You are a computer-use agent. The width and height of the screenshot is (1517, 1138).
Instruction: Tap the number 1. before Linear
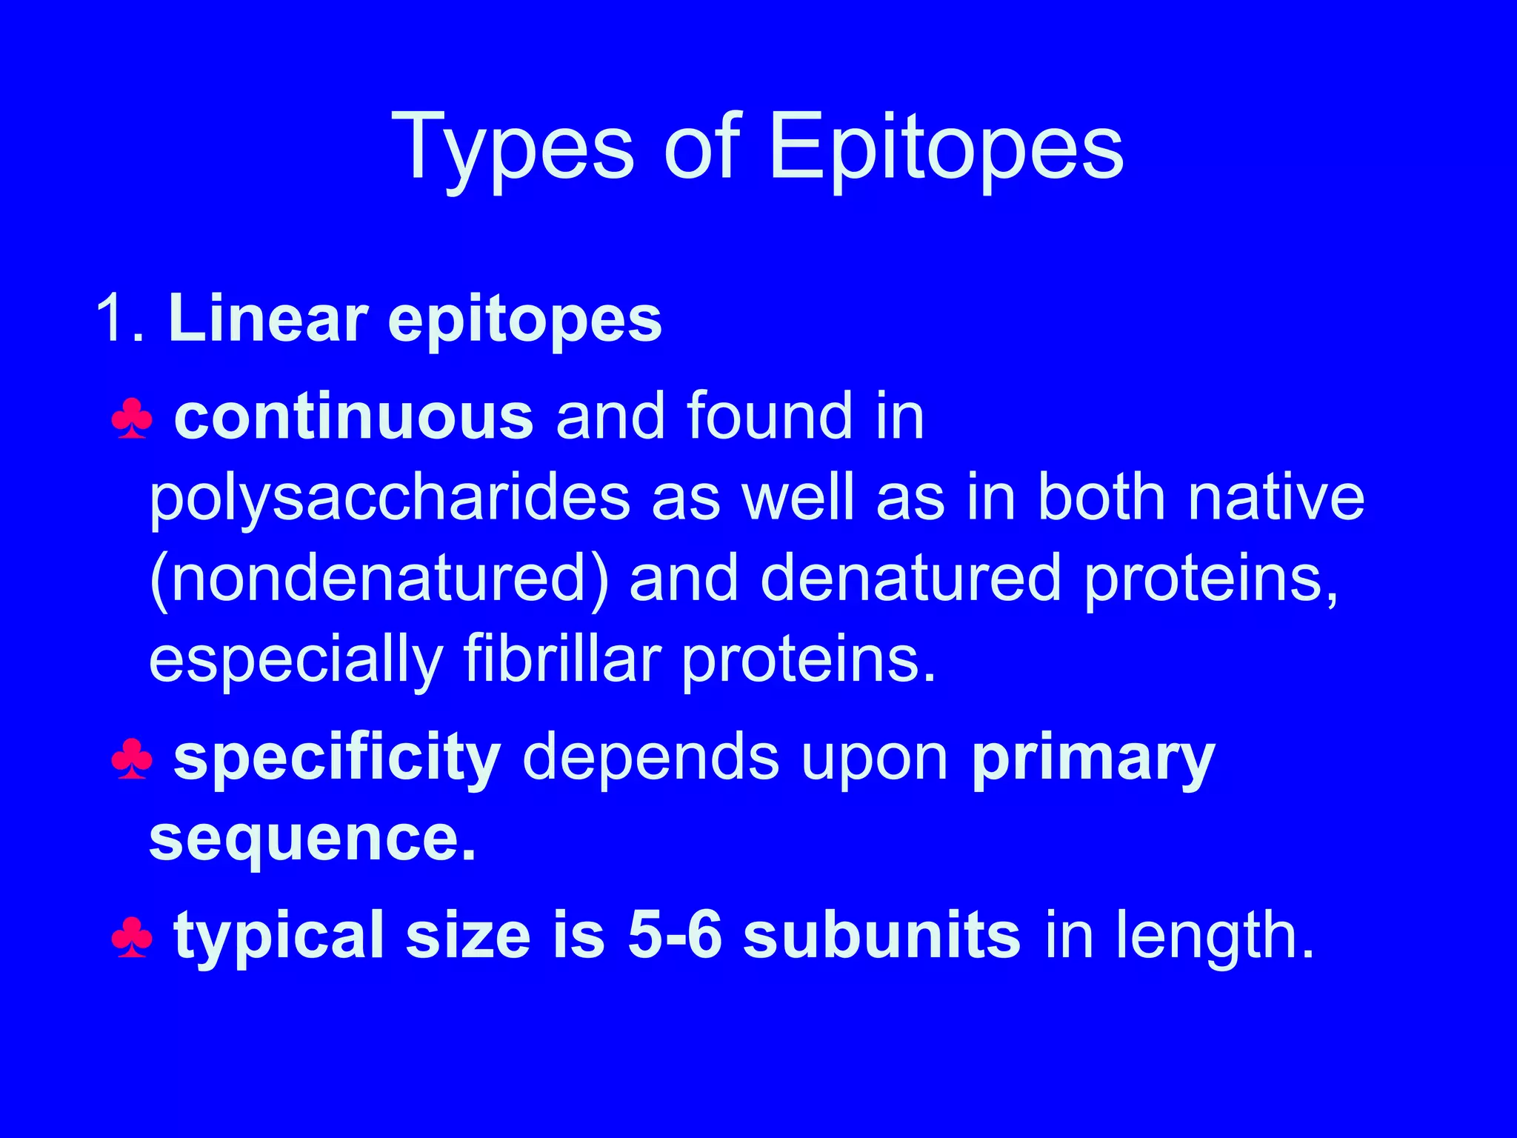pos(119,319)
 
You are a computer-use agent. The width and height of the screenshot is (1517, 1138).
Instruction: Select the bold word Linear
pos(267,319)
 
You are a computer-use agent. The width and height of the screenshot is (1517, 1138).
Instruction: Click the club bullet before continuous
pos(132,419)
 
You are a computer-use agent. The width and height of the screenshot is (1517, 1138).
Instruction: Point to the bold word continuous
pos(353,416)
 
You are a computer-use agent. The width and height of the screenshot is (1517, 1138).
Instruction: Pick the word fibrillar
pos(562,659)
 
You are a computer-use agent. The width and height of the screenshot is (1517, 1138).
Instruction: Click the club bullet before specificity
pos(132,759)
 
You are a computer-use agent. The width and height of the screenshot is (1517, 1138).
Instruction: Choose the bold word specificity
pos(337,759)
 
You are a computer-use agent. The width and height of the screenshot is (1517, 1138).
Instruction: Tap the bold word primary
pos(1093,759)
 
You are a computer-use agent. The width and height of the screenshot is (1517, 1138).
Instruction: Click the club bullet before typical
pos(132,938)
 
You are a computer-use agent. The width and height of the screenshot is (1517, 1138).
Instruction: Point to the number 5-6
pos(674,935)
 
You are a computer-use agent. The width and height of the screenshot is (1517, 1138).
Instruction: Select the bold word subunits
pos(881,935)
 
